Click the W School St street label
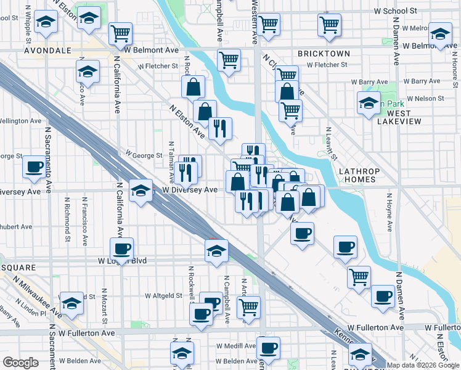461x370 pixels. tap(400, 11)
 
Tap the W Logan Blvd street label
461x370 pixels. tap(123, 261)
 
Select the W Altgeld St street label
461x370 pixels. tap(163, 296)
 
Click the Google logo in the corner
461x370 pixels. tap(20, 363)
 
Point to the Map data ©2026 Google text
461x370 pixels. tap(423, 365)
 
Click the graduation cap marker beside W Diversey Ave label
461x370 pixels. tap(141, 189)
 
